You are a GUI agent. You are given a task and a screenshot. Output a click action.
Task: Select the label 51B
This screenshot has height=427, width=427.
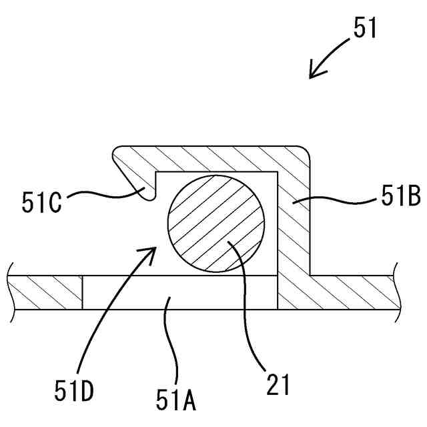click(x=400, y=197)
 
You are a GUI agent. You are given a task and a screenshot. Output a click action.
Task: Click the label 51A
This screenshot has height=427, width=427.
click(x=176, y=400)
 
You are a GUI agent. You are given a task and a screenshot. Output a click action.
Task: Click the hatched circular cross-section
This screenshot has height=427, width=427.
click(x=215, y=223)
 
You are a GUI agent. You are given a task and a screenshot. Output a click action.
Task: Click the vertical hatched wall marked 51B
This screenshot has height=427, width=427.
click(x=294, y=227)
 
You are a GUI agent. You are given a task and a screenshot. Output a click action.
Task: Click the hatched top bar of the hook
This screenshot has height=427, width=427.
click(x=213, y=157)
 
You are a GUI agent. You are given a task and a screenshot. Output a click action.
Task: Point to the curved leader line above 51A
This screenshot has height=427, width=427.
click(x=172, y=340)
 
